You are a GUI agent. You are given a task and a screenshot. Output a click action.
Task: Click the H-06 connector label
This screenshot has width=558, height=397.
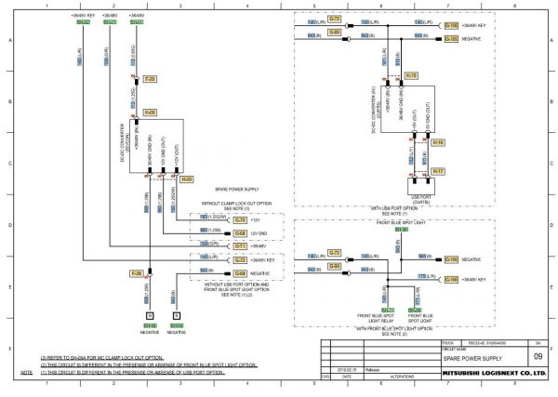point(150,112)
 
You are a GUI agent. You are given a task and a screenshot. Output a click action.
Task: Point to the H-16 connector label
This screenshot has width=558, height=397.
point(438,142)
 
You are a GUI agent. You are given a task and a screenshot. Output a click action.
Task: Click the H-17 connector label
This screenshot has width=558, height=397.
point(438,172)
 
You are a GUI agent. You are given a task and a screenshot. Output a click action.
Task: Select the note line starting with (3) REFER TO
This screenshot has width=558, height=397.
point(96,357)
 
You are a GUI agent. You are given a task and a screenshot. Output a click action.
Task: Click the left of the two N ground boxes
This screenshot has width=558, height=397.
point(149,316)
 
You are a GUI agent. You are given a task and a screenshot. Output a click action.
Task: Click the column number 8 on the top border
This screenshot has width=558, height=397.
point(514,5)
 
